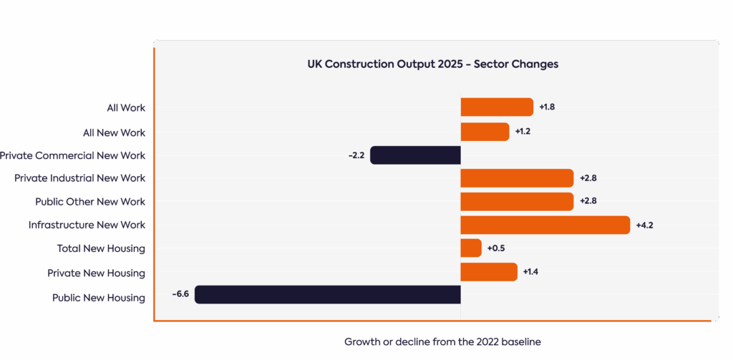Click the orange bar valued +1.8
[x=497, y=107]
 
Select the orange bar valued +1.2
[x=485, y=132]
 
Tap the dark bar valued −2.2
[x=415, y=155]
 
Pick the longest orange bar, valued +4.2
[x=545, y=225]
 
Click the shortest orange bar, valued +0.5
[x=471, y=248]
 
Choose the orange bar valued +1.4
[x=489, y=272]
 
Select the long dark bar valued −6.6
[x=327, y=294]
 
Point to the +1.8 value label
[x=547, y=107]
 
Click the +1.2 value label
[x=523, y=132]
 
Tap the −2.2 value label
[x=356, y=155]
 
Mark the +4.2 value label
[x=644, y=225]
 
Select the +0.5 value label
[x=496, y=248]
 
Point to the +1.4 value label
[x=530, y=272]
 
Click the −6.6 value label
[x=180, y=294]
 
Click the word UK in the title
[x=314, y=64]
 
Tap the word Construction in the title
[x=359, y=64]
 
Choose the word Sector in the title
[x=492, y=64]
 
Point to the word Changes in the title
[x=535, y=64]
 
